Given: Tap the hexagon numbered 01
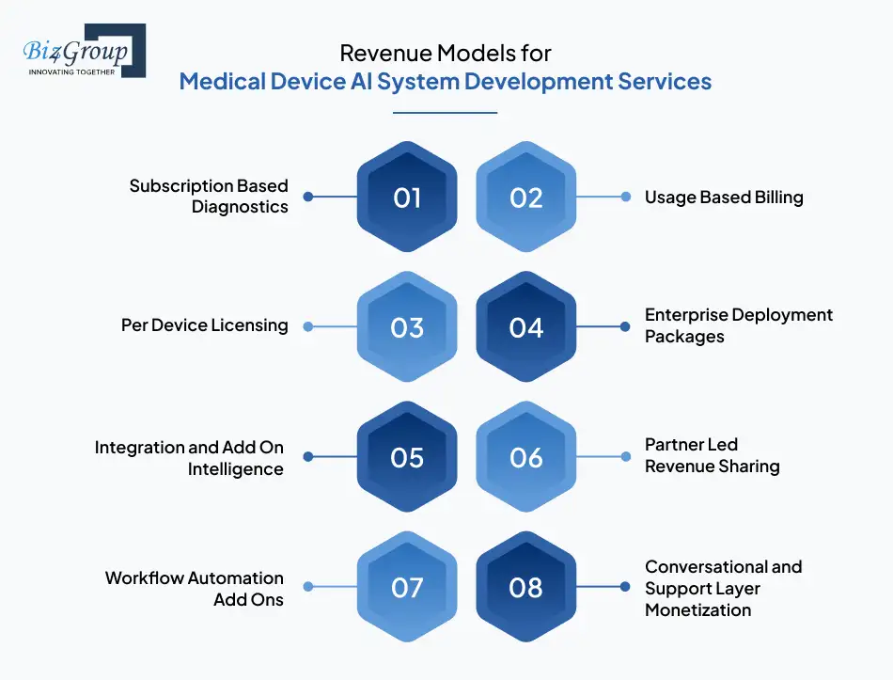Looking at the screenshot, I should point(407,198).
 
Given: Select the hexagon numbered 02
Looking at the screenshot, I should point(526,198).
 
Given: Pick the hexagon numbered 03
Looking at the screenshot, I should point(407,327).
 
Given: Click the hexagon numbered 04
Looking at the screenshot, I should point(526,327).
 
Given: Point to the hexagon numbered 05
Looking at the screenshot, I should point(407,457).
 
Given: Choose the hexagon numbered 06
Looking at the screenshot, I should point(526,457).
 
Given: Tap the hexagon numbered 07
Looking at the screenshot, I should point(407,588).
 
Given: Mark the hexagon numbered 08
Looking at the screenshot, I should point(526,588).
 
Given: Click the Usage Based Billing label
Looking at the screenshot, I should point(724,198).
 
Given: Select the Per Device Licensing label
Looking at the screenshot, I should point(205,325).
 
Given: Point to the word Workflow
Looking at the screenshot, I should point(147,577).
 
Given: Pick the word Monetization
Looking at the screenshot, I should point(697,610).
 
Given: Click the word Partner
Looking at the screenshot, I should point(676,445).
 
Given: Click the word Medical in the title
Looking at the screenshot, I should point(217,82).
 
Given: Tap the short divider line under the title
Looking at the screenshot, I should point(445,113).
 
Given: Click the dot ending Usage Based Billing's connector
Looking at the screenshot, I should point(626,198).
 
